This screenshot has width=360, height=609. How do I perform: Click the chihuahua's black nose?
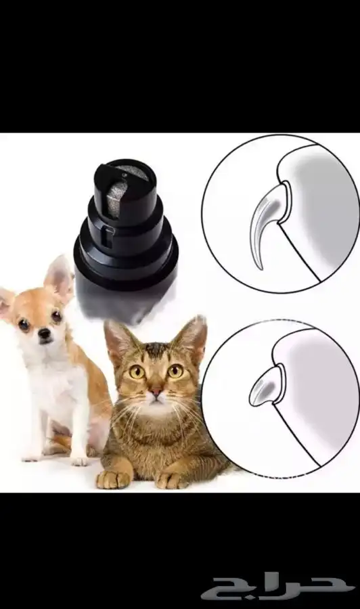(x=44, y=332)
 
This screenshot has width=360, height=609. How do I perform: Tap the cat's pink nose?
(x=156, y=392)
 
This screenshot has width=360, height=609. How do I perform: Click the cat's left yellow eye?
(x=137, y=372)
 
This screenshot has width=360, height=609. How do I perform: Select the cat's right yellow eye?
(x=175, y=371)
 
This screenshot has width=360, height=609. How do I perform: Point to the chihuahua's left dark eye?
(x=24, y=324)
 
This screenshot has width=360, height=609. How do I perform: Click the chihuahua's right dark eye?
(x=57, y=316)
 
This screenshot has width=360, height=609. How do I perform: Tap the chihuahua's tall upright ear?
(x=59, y=277)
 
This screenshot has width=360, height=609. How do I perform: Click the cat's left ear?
(x=118, y=342)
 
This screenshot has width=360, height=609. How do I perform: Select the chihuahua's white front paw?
(x=80, y=461)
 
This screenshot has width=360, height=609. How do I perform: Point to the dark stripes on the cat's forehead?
(x=156, y=352)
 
